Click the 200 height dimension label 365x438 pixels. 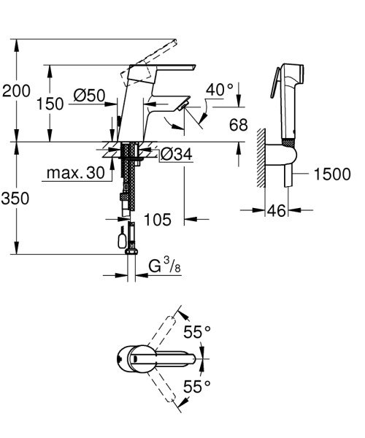(x=15, y=92)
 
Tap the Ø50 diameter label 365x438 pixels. (x=89, y=95)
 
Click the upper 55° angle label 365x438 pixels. (x=197, y=332)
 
